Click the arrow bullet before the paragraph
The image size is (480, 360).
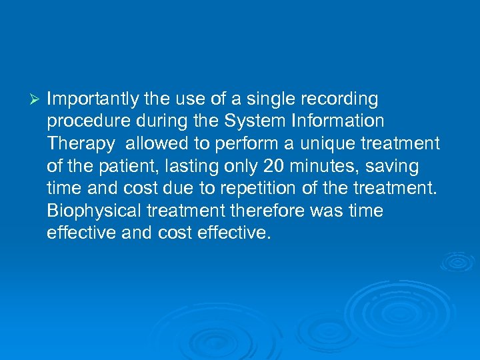coord(37,100)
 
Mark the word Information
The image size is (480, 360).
coord(337,122)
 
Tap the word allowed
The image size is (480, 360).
coord(153,144)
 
